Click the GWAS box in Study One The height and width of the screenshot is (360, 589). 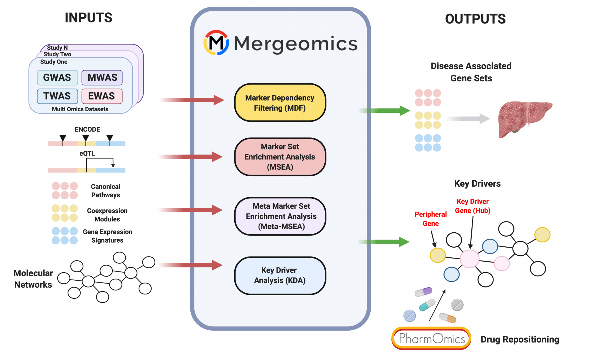click(x=57, y=78)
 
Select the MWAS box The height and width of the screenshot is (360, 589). click(x=102, y=78)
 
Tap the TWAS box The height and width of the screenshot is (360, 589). click(x=57, y=96)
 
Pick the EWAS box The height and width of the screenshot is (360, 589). click(x=102, y=96)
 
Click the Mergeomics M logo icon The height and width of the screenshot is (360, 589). click(x=216, y=43)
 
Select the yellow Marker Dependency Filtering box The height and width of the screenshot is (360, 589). click(x=280, y=103)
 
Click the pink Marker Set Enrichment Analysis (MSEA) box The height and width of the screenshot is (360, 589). click(x=280, y=157)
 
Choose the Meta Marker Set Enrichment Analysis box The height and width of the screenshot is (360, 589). click(x=280, y=216)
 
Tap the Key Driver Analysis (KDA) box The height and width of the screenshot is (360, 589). click(x=280, y=275)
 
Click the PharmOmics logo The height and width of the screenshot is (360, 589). click(x=431, y=338)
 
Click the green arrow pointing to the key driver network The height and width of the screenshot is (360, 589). click(x=385, y=242)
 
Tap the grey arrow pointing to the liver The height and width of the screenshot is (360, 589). click(x=469, y=118)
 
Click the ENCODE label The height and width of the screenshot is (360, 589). click(x=87, y=129)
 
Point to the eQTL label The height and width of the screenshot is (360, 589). click(x=87, y=154)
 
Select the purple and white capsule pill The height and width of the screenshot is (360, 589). click(x=423, y=292)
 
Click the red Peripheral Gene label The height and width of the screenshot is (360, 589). click(x=431, y=219)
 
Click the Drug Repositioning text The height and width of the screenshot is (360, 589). click(x=520, y=339)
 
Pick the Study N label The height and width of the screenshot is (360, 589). click(x=58, y=48)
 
